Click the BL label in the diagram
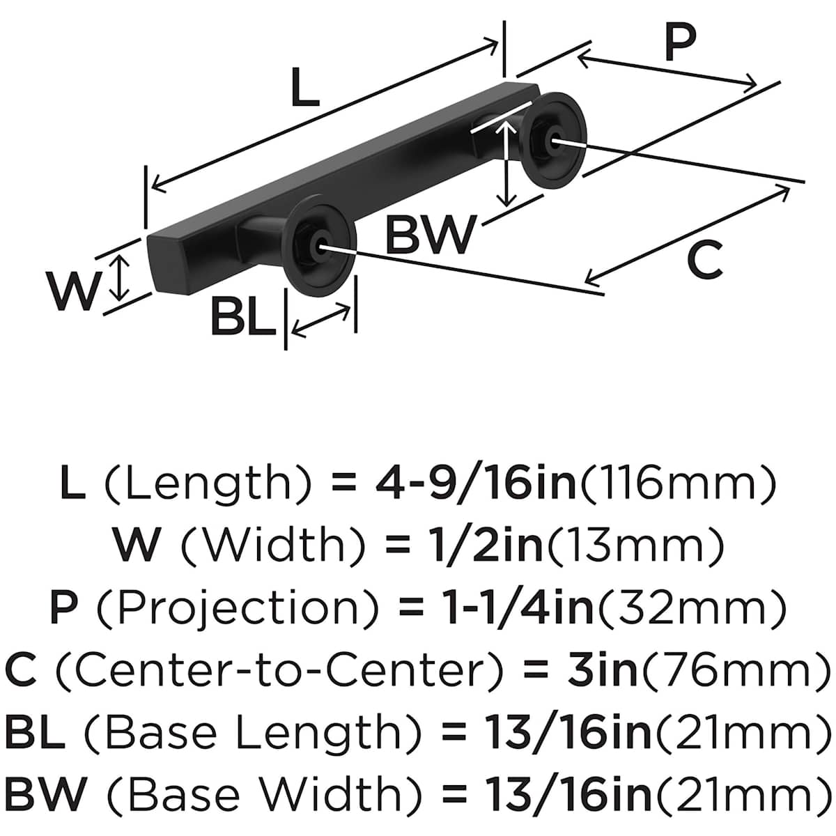click(243, 318)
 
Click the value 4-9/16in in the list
click(485, 482)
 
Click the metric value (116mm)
click(678, 482)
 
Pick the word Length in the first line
click(206, 482)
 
